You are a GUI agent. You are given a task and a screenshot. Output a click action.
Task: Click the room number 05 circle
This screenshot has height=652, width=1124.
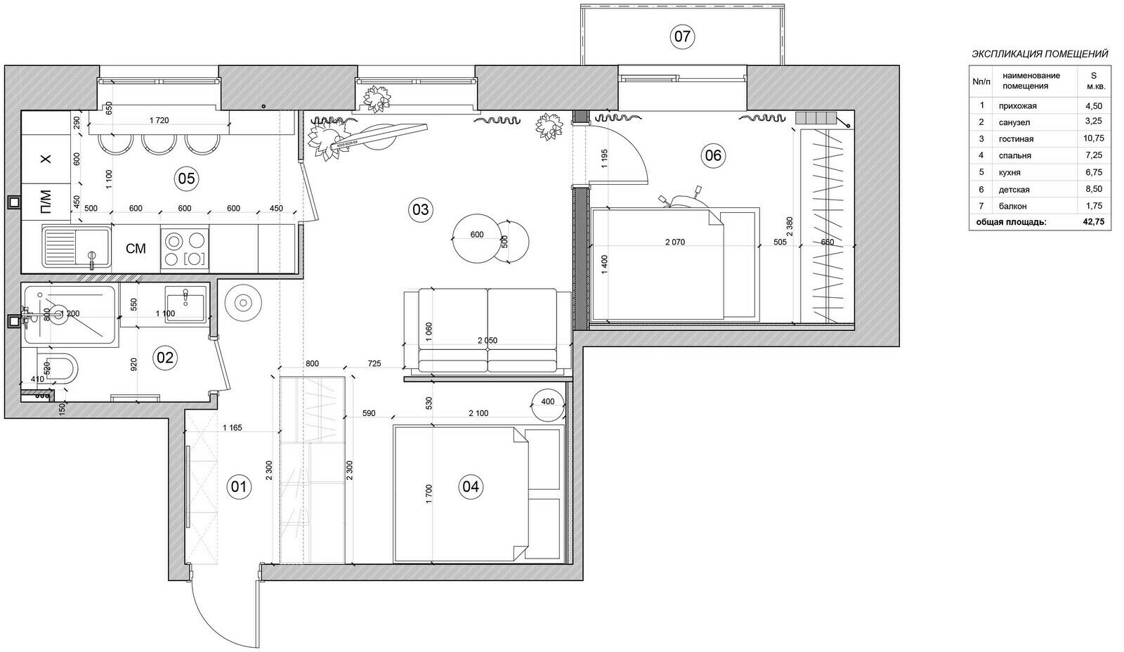point(186,178)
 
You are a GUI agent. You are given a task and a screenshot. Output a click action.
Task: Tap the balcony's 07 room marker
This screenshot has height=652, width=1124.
point(682,37)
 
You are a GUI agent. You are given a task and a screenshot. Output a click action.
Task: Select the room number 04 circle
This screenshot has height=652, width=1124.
point(471,487)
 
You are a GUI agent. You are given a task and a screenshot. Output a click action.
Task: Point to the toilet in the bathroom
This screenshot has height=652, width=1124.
point(57,370)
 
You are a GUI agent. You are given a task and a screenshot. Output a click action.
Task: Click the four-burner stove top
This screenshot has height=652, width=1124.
point(185,248)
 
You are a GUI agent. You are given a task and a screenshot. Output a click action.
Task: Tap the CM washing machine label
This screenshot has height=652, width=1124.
point(136,249)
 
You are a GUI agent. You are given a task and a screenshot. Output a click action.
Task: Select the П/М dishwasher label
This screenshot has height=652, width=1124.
point(46,202)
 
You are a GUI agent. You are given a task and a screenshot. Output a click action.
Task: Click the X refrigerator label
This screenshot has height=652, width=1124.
point(46,159)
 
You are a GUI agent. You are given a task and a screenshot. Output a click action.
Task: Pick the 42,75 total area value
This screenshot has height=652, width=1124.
point(1094,222)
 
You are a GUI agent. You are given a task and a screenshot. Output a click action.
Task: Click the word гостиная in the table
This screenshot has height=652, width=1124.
point(1016,139)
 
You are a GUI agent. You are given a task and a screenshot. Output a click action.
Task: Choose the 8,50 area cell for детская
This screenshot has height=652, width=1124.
point(1094,189)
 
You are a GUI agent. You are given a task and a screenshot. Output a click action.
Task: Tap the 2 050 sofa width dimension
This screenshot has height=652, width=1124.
point(488,340)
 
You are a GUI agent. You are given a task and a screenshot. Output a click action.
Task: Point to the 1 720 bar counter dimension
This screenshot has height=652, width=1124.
point(159,120)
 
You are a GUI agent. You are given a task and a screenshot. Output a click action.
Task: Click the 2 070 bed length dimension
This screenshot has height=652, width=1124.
point(675,242)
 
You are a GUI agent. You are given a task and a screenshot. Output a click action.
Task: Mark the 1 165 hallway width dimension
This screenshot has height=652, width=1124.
point(233,428)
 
